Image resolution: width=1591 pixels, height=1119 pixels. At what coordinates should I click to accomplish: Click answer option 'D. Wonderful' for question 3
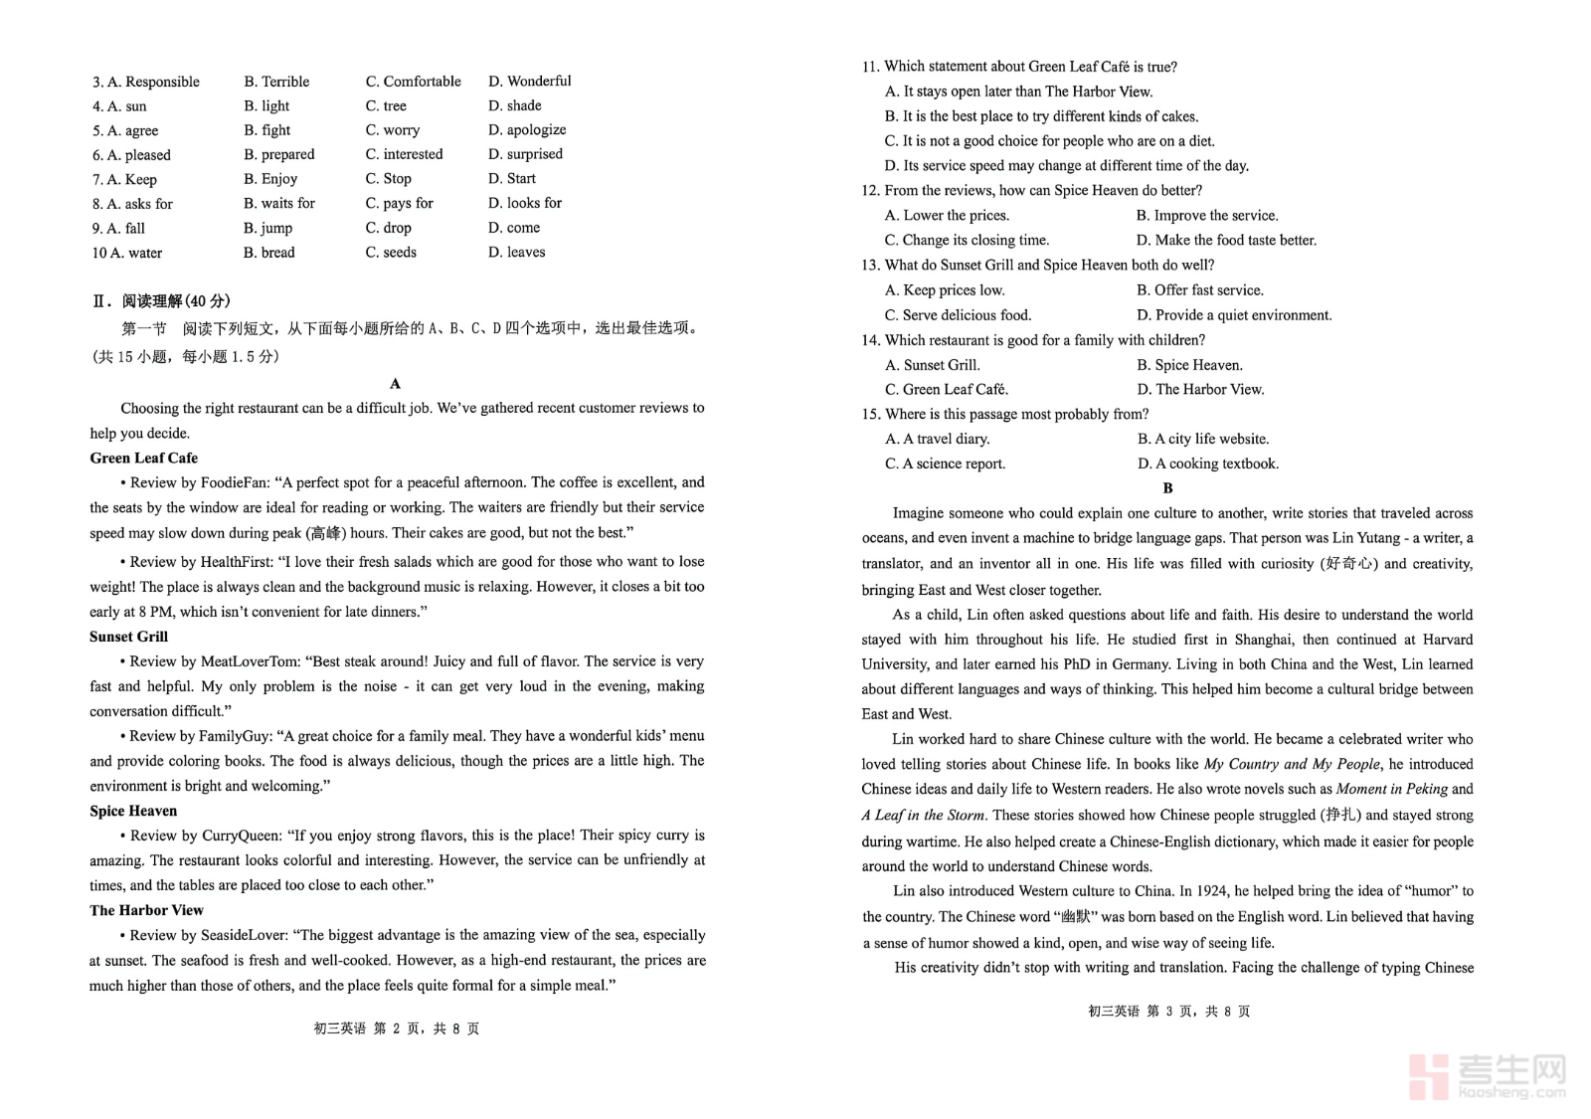click(x=529, y=81)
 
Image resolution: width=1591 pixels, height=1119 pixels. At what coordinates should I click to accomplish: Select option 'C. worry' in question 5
click(x=392, y=129)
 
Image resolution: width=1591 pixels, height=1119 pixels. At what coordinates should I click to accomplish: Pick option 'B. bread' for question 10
click(x=268, y=252)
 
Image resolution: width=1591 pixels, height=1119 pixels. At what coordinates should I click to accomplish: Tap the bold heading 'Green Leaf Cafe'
click(x=143, y=458)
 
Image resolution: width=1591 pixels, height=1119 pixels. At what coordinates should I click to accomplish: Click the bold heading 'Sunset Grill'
click(x=128, y=637)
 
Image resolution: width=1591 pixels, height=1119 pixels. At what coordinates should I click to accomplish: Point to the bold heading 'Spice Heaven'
click(x=133, y=811)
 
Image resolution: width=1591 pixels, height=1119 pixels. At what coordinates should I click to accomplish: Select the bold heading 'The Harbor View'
click(x=146, y=910)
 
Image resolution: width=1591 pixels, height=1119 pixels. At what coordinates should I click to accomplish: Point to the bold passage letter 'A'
click(x=396, y=384)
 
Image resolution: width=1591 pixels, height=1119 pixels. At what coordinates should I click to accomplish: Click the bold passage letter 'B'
click(x=1167, y=488)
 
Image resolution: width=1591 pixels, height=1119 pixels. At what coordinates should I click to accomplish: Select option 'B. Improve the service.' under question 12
click(x=1207, y=215)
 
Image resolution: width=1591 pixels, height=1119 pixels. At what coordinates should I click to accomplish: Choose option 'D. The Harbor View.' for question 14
click(x=1200, y=389)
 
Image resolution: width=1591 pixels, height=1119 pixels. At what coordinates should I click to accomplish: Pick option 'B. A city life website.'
click(x=1203, y=439)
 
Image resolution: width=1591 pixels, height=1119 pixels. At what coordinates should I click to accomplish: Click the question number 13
click(x=870, y=265)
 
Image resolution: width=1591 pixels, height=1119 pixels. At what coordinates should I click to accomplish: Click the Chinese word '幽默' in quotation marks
click(x=1076, y=916)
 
